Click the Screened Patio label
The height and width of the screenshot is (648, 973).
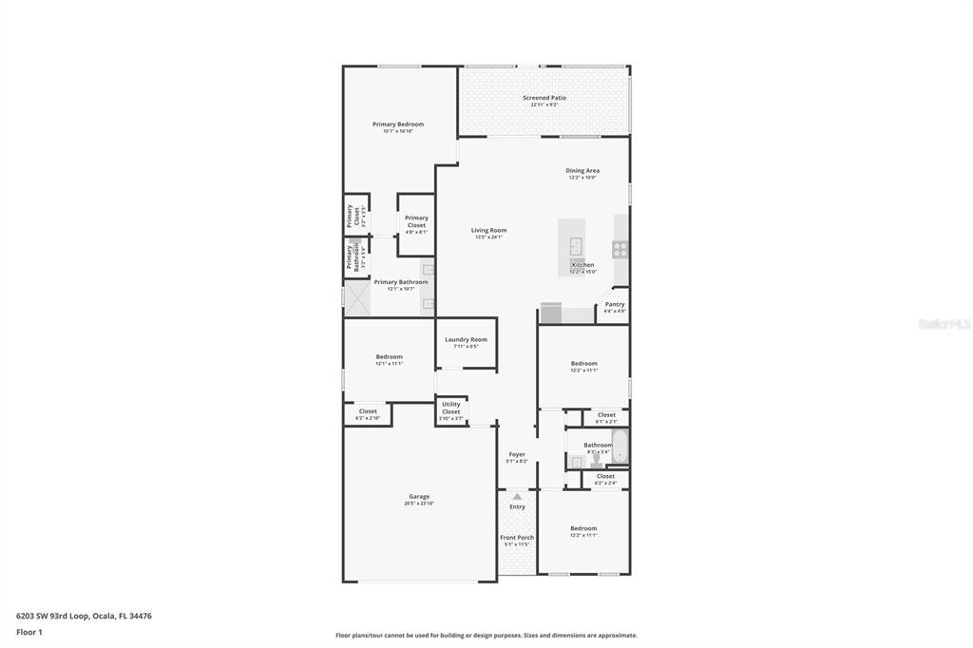pos(544,98)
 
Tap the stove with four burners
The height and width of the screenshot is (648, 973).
pos(620,250)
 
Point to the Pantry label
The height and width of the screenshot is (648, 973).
pos(615,304)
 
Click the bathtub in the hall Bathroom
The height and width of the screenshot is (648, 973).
pos(620,447)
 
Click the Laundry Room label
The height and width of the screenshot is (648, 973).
pos(466,339)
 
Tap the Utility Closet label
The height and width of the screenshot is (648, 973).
pos(450,408)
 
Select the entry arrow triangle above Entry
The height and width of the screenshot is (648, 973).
pos(517,496)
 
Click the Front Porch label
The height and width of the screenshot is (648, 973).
pos(517,538)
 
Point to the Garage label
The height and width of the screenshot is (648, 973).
pos(419,496)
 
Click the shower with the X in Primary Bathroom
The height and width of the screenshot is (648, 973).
pos(356,298)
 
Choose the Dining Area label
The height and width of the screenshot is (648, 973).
pos(582,171)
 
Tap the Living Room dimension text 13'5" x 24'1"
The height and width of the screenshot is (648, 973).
pos(489,237)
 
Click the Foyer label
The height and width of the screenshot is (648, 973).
pos(517,454)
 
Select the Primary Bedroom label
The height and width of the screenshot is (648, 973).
pos(397,124)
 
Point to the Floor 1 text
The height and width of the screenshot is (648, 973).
pos(29,632)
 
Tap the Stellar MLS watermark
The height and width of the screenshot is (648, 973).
pos(944,324)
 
